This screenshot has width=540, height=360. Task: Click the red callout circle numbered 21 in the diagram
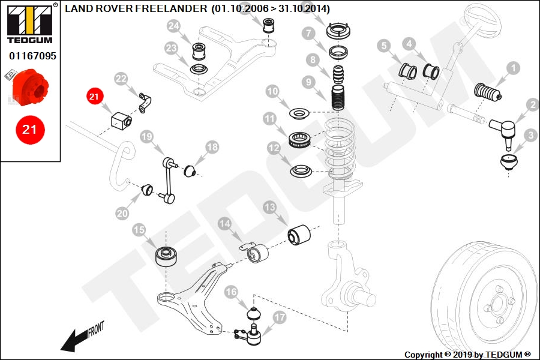tap(95, 96)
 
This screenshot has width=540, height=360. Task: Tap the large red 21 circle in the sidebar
tap(30, 130)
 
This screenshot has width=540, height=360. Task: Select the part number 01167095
tap(32, 56)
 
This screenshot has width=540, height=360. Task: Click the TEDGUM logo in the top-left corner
tap(30, 23)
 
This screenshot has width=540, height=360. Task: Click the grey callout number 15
tap(139, 230)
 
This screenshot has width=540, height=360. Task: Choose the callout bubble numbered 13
tap(269, 207)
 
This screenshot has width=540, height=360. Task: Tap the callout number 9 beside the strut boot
tap(308, 82)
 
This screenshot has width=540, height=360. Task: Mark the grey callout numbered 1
tap(514, 68)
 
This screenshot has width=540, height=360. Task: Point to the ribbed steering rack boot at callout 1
tap(488, 92)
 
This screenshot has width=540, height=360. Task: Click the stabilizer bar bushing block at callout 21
tap(121, 119)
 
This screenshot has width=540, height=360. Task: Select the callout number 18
tap(212, 147)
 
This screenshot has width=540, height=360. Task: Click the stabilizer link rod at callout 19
tap(169, 180)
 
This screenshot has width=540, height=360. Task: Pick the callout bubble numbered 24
tap(174, 26)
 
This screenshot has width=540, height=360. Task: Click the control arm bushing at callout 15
tap(166, 257)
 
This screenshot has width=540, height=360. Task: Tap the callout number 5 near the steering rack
tap(383, 46)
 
